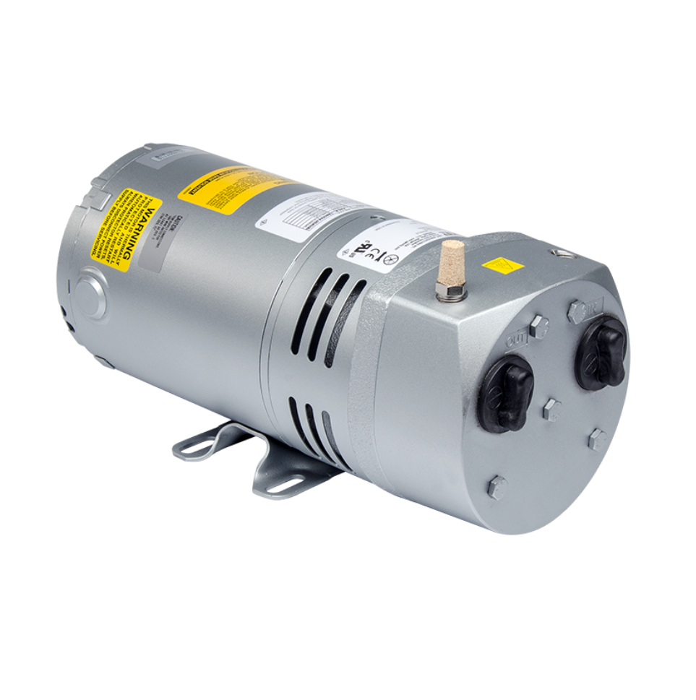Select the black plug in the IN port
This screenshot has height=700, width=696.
coord(601,351)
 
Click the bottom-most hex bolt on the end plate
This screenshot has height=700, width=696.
coord(497,488)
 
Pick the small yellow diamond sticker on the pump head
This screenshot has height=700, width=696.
coord(504,265)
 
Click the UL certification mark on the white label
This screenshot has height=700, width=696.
coord(371,249)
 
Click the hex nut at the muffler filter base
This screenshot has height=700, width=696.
coord(450,290)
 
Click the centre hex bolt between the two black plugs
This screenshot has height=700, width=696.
coord(551,410)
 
